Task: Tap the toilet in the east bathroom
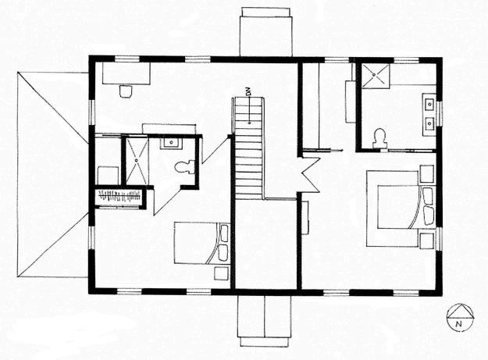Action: click(x=381, y=137)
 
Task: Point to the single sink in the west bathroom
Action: click(x=173, y=142)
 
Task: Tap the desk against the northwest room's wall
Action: click(x=126, y=73)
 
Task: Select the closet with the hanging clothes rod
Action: click(x=119, y=198)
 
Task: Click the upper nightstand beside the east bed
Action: click(x=427, y=172)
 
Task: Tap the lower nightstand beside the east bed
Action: click(x=427, y=237)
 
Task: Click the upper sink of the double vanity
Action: click(x=428, y=101)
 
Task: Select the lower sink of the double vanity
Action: click(x=428, y=122)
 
